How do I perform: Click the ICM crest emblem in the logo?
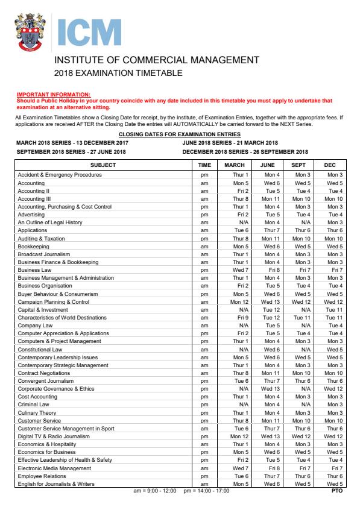pyautogui.click(x=31, y=34)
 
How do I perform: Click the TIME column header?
pyautogui.click(x=204, y=165)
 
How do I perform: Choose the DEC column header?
pyautogui.click(x=335, y=165)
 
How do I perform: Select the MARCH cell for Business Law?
pyautogui.click(x=235, y=269)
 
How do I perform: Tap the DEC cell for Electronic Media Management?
pyautogui.click(x=335, y=468)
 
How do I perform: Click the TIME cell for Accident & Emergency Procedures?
pyautogui.click(x=204, y=175)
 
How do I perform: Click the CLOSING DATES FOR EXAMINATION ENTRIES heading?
pyautogui.click(x=179, y=134)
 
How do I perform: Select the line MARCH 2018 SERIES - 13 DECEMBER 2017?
pyautogui.click(x=72, y=143)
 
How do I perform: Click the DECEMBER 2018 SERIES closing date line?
pyautogui.click(x=245, y=152)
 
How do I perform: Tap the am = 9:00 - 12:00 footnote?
pyautogui.click(x=154, y=491)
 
